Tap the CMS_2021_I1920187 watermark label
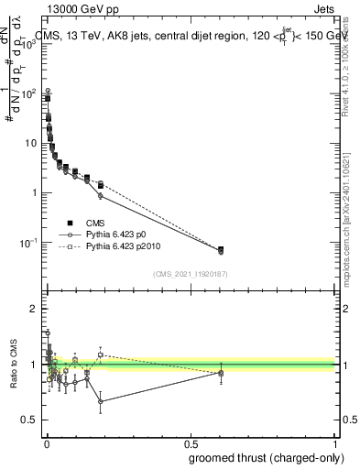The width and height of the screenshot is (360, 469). click(191, 274)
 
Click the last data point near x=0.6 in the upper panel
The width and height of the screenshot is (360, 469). click(221, 250)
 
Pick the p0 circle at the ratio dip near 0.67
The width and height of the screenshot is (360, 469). click(100, 401)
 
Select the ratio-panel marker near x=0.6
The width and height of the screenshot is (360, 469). click(221, 372)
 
